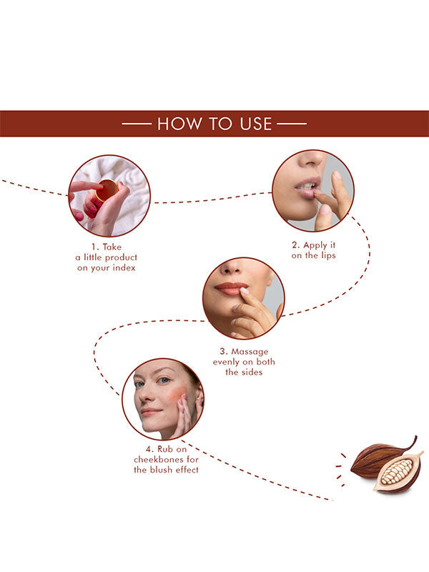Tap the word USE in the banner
click(256, 124)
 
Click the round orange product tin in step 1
click(107, 190)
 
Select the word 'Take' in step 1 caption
click(112, 247)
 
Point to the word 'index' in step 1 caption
click(124, 267)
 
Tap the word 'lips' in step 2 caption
click(328, 256)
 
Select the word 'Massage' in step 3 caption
click(250, 352)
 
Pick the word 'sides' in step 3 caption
click(252, 372)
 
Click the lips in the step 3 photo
click(231, 288)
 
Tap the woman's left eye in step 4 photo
click(164, 380)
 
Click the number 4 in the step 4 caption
click(149, 449)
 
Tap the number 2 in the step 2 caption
click(295, 245)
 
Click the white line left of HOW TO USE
click(137, 124)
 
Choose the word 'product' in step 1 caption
click(121, 257)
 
